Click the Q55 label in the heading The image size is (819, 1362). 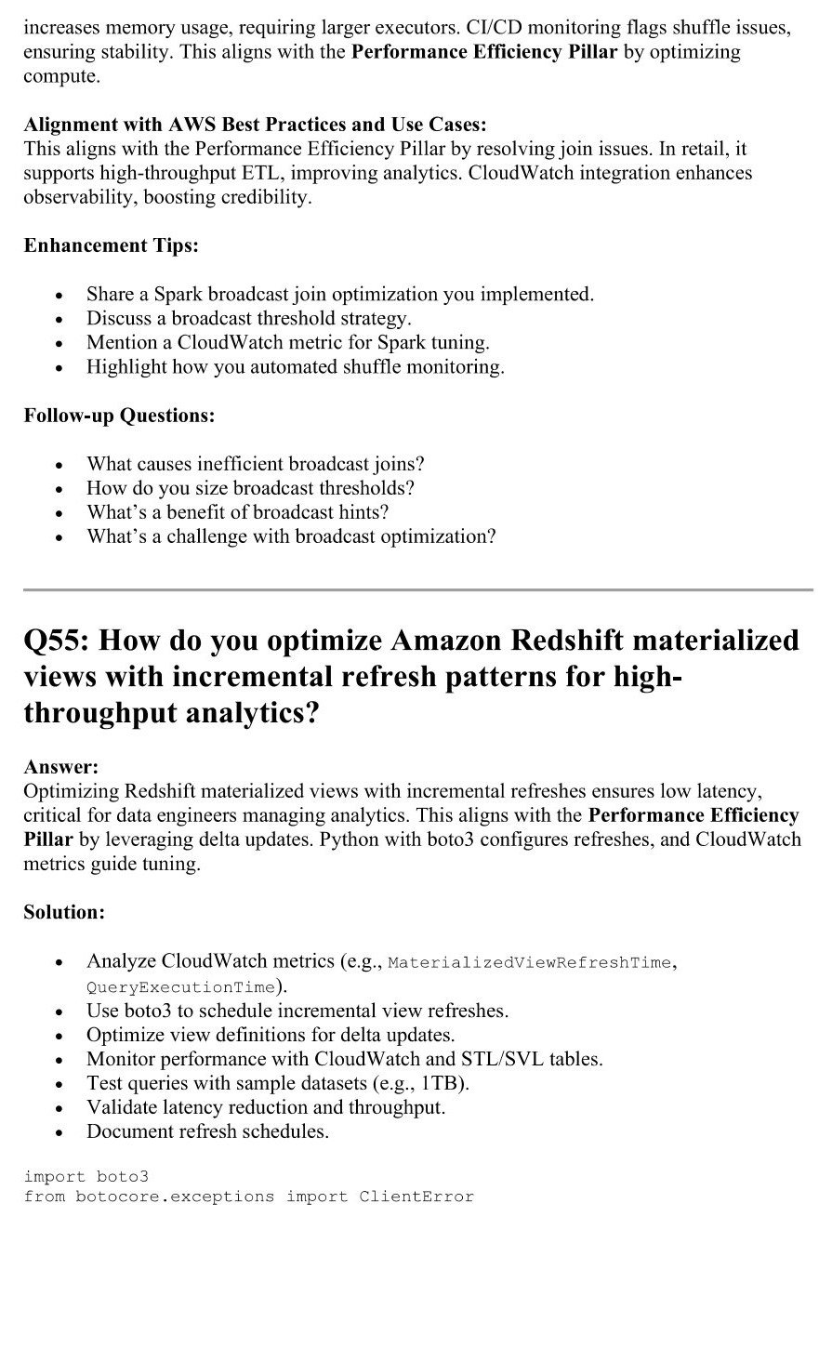(55, 641)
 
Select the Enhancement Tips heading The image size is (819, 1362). (111, 245)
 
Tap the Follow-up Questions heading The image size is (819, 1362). (119, 416)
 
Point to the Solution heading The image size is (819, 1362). (64, 912)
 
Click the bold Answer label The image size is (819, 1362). (60, 767)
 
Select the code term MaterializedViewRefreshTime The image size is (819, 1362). (529, 962)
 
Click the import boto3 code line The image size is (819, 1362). (80, 1176)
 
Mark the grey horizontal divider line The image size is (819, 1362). (418, 589)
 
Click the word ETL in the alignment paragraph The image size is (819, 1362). (262, 173)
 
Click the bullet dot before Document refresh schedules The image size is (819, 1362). (59, 1133)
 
